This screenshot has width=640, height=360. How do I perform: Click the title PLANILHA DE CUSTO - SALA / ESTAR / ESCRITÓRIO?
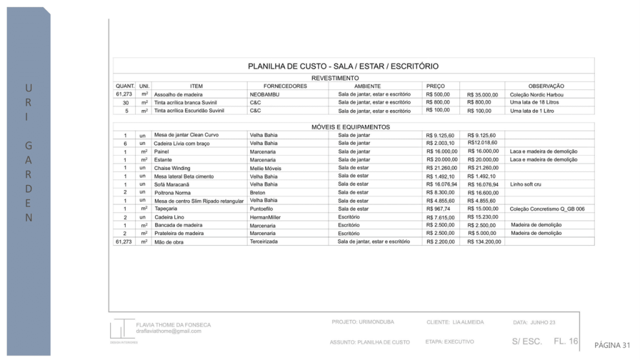coord(343,66)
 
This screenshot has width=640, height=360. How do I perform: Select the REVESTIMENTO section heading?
coord(335,78)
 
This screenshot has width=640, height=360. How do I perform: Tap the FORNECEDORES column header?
coord(285,86)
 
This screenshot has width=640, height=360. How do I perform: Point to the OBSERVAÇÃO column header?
coord(546,86)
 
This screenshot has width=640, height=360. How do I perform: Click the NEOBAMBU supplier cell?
coord(263,94)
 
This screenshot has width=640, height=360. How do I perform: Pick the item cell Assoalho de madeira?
coord(179,94)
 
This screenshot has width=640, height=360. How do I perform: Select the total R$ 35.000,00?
coord(482,95)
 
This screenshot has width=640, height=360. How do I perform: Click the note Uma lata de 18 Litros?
coord(534,102)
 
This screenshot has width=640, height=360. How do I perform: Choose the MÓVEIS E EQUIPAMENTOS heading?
coord(351,127)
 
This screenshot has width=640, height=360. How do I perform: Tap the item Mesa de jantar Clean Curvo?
coord(186,135)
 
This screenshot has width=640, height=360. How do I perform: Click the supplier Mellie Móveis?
coord(266,168)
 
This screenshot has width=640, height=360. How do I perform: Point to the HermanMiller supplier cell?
coord(266,217)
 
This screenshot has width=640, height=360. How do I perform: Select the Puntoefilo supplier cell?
coord(263,209)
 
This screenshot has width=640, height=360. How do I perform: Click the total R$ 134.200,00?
coord(483,242)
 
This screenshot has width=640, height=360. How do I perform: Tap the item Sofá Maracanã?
coord(172,184)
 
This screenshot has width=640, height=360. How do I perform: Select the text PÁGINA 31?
coord(612,345)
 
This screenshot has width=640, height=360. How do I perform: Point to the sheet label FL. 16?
coord(566,341)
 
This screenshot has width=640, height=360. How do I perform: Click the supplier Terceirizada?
coord(264,241)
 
